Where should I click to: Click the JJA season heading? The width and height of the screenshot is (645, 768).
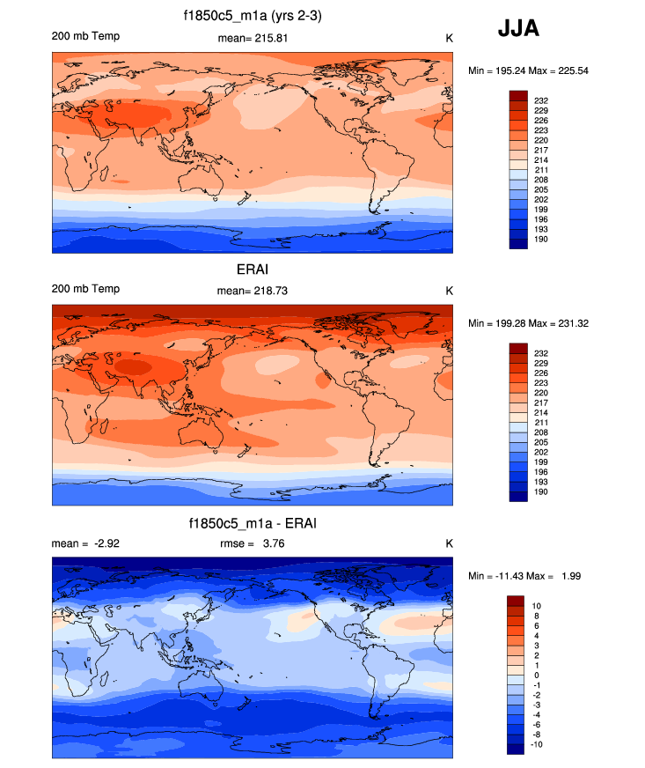pos(518,29)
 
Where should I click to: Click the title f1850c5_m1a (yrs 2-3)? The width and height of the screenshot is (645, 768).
pos(252,16)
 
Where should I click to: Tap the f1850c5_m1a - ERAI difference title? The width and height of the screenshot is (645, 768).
pos(253,524)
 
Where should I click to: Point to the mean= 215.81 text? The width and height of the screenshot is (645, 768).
pos(253,38)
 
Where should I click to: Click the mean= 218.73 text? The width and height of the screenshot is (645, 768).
pos(253,291)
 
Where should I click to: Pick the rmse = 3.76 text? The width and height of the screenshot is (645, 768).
pos(253,543)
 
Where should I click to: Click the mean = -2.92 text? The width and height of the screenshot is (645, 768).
pos(86,543)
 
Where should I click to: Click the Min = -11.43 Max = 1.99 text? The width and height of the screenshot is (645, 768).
pos(524,576)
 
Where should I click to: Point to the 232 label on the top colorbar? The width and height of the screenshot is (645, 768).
pos(541,101)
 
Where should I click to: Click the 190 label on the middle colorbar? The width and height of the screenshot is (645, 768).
pos(541,491)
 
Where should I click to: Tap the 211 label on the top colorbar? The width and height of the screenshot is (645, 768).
pos(541,170)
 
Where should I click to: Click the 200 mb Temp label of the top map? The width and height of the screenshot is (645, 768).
pos(86,36)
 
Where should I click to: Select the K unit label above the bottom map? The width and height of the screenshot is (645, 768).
pos(449,543)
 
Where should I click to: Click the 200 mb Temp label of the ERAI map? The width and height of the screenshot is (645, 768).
pos(86,289)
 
